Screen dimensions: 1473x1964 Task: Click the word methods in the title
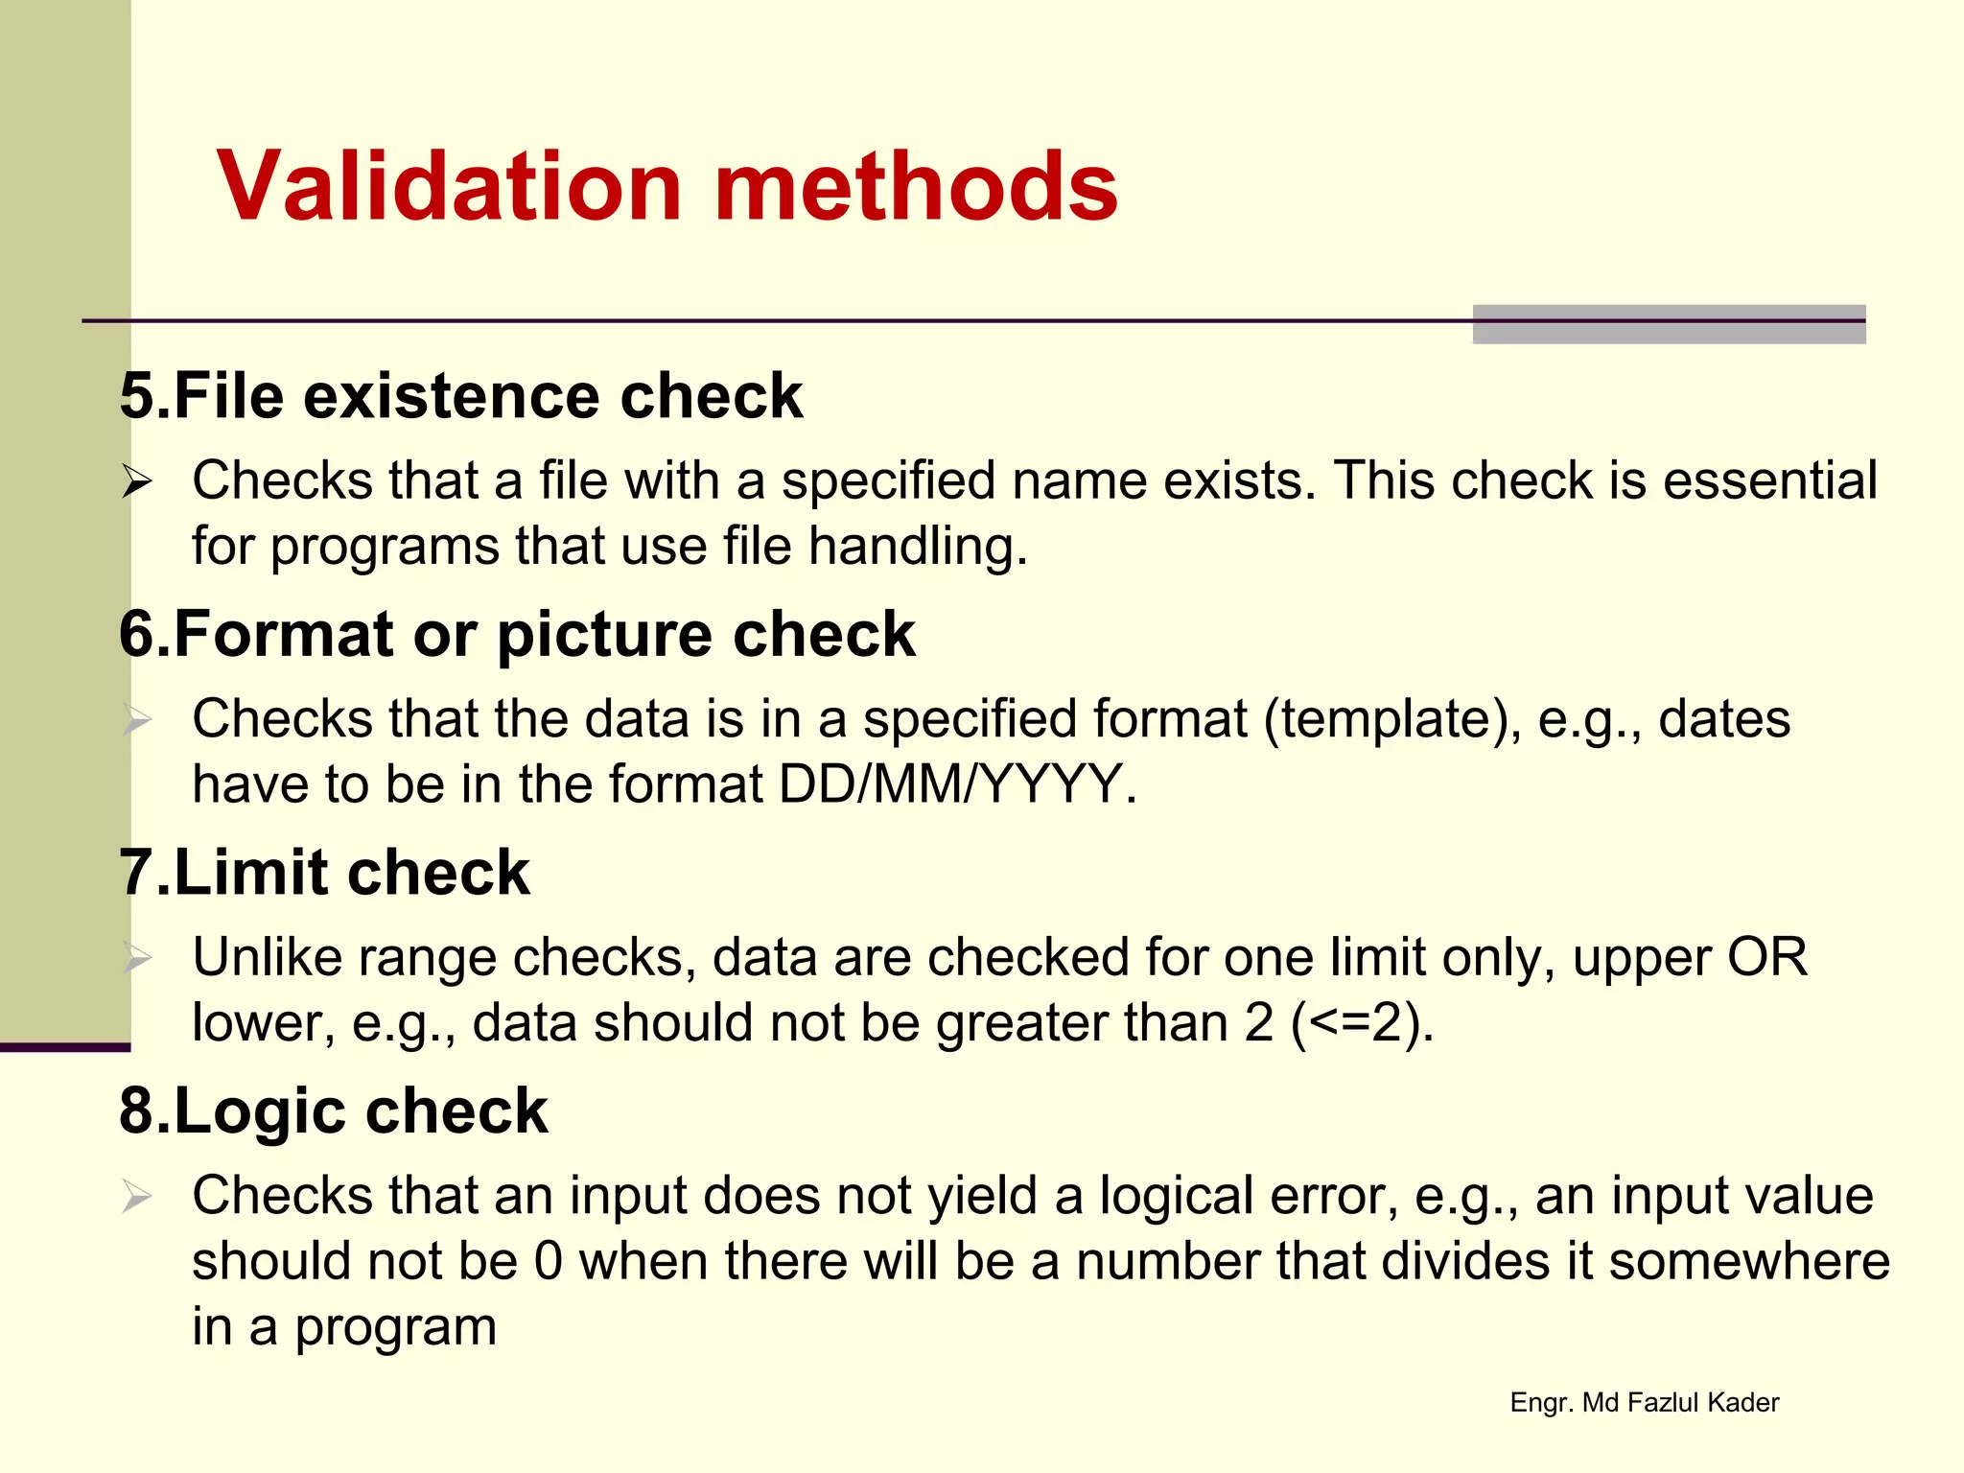click(916, 186)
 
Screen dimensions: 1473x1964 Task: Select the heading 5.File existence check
click(460, 395)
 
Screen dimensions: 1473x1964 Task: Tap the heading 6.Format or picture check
click(517, 634)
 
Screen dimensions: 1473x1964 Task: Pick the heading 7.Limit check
click(324, 873)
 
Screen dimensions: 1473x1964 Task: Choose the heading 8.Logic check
click(333, 1111)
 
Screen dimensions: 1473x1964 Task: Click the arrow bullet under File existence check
click(136, 481)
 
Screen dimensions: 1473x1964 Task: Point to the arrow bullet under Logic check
click(136, 1197)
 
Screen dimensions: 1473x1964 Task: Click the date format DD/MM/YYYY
click(949, 784)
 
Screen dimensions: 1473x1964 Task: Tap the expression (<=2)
click(1362, 1023)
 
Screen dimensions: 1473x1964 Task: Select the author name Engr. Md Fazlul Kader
click(1644, 1403)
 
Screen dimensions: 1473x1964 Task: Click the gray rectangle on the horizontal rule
click(1669, 324)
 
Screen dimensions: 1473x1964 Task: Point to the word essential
click(1769, 480)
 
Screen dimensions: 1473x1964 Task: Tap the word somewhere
click(1749, 1261)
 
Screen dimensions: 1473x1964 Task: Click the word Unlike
click(267, 957)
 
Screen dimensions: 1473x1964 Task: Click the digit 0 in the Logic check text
click(549, 1261)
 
